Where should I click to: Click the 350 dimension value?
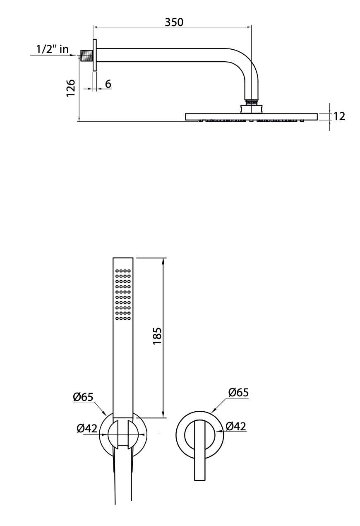pos(174,22)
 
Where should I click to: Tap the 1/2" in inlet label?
pos(52,49)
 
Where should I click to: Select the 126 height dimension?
pos(71,88)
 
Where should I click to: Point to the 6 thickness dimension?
pos(108,84)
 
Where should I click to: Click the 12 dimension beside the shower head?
pos(339,116)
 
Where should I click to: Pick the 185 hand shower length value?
pos(158,336)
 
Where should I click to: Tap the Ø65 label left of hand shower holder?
pos(83,397)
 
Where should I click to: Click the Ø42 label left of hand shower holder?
pos(87,428)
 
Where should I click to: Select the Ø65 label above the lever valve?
pos(238,392)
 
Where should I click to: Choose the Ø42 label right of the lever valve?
pos(236,426)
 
